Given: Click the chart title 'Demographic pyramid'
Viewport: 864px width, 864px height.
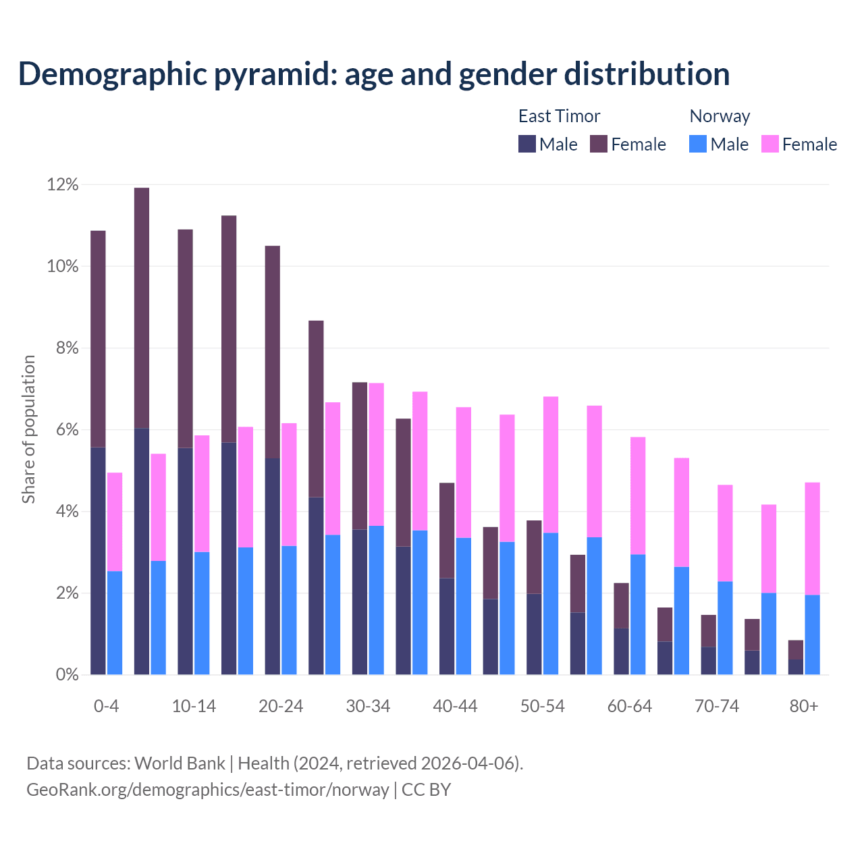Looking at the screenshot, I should [x=373, y=74].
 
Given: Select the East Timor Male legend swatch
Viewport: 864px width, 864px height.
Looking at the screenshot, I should [x=526, y=144].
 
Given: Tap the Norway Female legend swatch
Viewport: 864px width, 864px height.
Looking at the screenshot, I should [x=769, y=144].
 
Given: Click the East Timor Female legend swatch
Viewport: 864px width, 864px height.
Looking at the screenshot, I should [x=599, y=144].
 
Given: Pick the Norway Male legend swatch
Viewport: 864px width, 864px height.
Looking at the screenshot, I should [x=698, y=144].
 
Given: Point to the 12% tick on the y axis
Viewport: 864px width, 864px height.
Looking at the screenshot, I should [x=63, y=185].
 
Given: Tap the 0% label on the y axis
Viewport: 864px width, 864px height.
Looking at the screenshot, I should [x=66, y=675].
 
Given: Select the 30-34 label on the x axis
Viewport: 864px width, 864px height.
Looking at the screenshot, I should [x=368, y=707].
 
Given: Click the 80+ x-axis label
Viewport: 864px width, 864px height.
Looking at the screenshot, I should [x=804, y=707].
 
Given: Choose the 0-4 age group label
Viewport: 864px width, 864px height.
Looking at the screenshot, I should [x=106, y=707].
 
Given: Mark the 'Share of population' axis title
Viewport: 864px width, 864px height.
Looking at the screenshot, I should [x=29, y=429].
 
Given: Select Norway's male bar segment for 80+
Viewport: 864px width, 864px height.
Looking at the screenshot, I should [x=813, y=634].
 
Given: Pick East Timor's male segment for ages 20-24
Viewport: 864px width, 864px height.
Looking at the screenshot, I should [x=273, y=566].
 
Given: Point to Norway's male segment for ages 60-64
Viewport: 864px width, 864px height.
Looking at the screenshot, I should [x=638, y=614].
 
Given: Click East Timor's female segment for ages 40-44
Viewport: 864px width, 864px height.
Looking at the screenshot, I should [x=447, y=531].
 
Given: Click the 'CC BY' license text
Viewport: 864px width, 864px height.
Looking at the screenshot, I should [x=426, y=790].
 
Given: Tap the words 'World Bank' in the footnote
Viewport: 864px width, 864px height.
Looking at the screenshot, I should [x=180, y=763].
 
